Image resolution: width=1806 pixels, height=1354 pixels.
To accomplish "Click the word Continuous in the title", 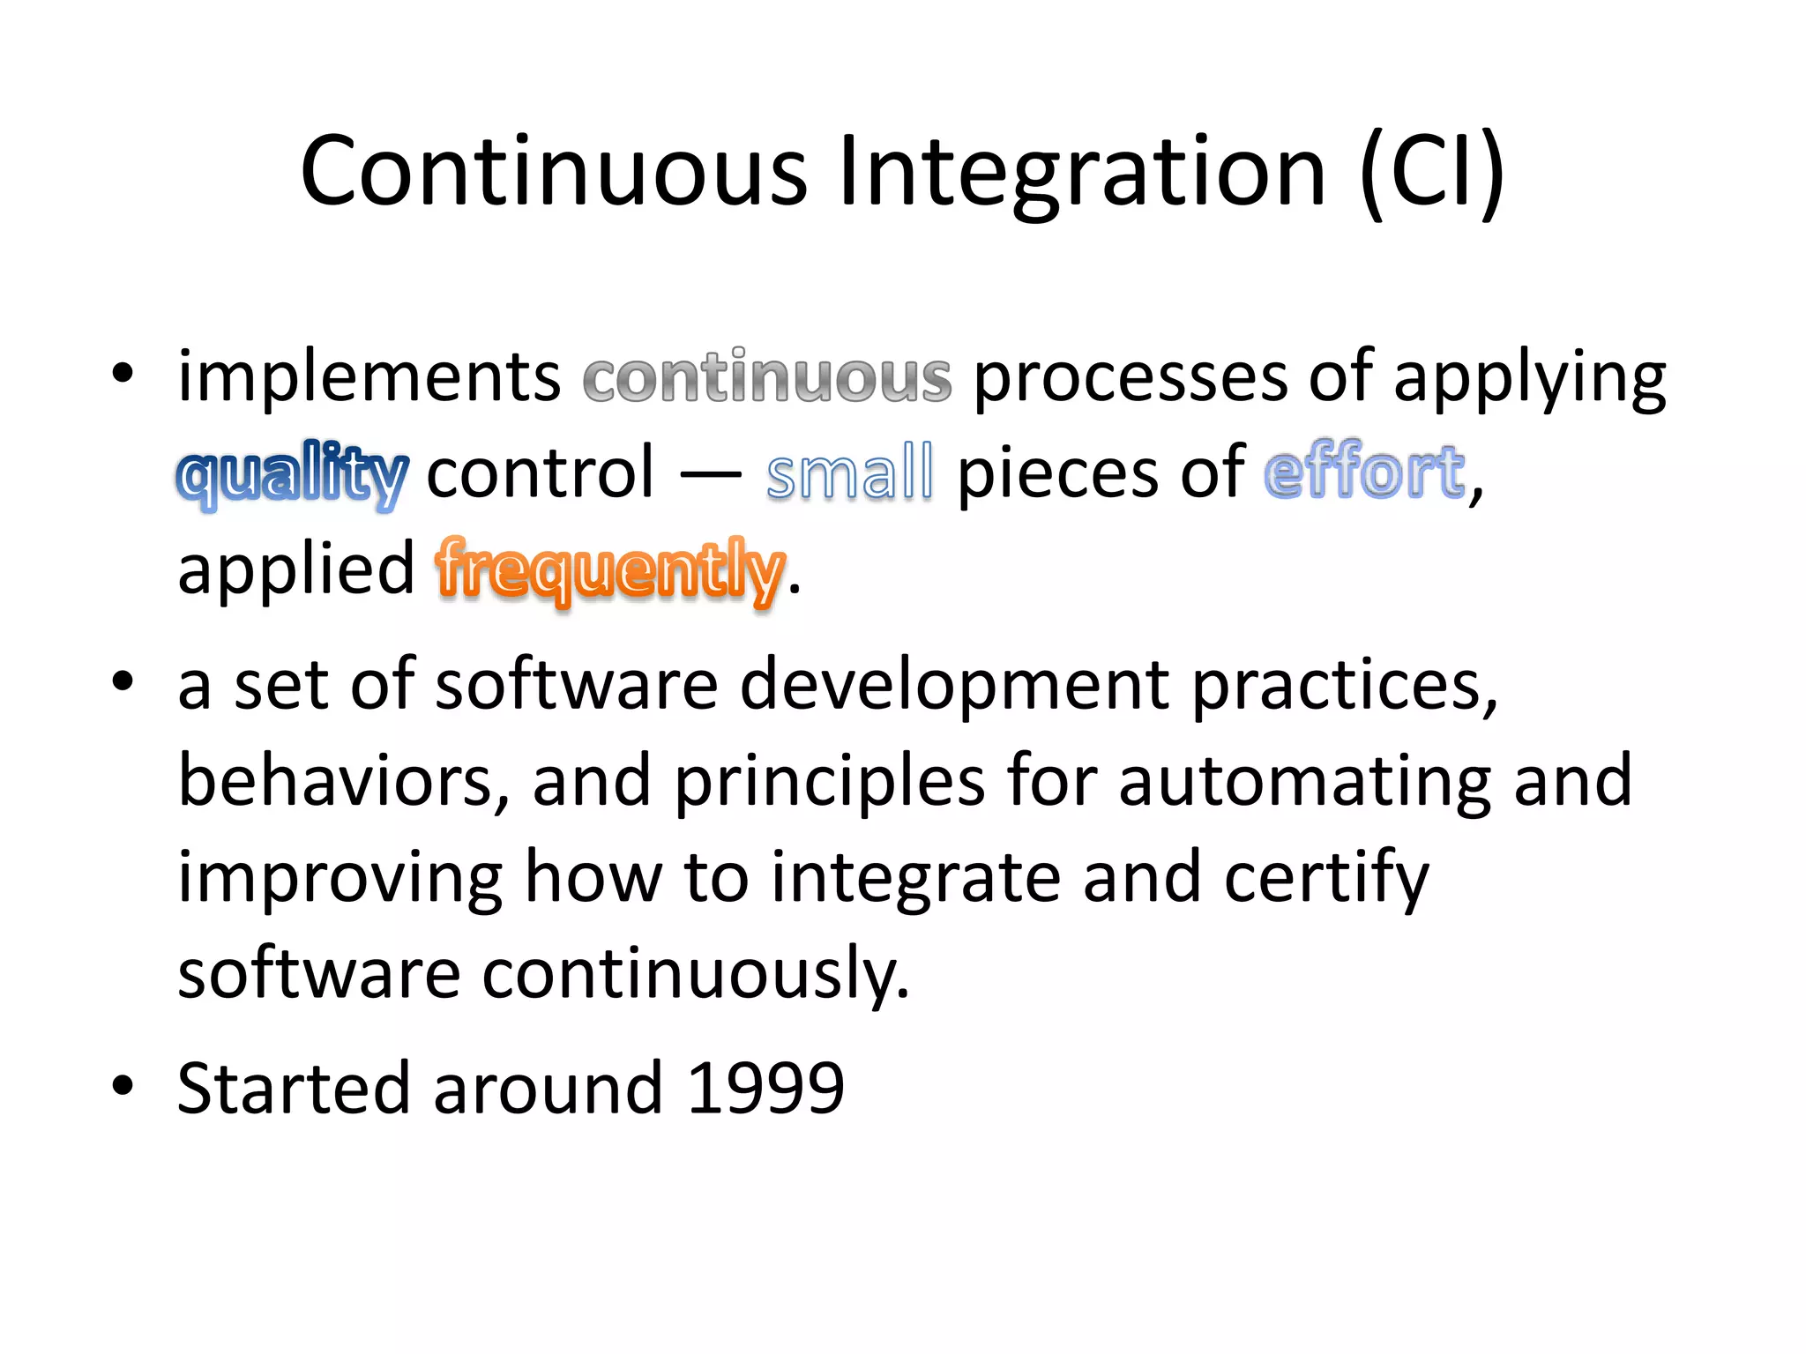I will (x=554, y=171).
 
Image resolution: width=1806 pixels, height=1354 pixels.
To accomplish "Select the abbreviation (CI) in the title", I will (x=1431, y=171).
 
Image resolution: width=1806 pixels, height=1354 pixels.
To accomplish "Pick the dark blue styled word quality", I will (x=293, y=476).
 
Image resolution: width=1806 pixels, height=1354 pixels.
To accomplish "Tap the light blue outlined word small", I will (x=849, y=474).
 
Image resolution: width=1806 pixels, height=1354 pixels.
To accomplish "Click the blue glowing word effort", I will (x=1364, y=474).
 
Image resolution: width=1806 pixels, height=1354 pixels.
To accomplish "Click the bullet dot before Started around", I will (x=123, y=1086).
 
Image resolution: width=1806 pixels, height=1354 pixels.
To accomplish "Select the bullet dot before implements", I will (x=123, y=374).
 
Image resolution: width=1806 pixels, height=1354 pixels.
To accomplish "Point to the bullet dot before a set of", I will (x=123, y=681).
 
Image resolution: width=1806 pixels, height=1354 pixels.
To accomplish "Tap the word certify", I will (x=1326, y=879).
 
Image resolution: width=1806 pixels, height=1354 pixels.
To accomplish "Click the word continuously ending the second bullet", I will (x=695, y=975).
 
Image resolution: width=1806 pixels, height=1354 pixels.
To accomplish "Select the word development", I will (x=954, y=686).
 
